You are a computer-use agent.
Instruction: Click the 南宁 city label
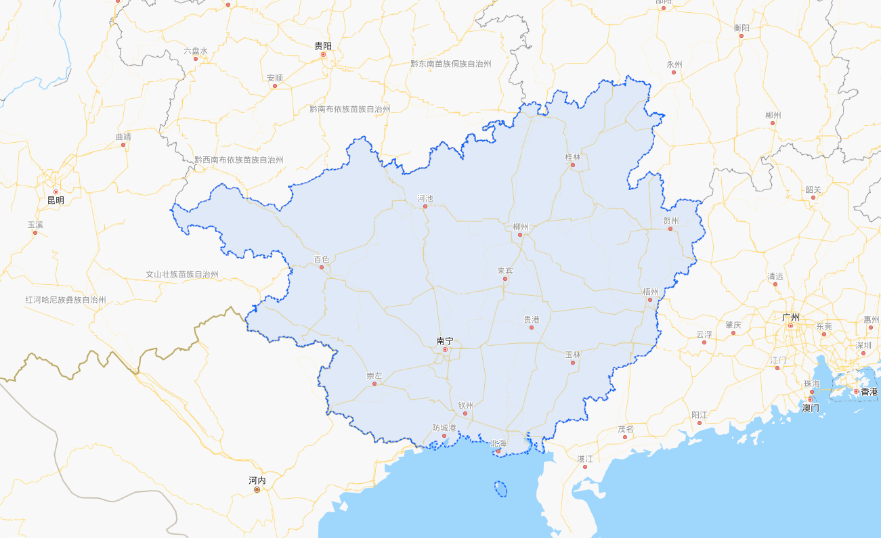pos(444,341)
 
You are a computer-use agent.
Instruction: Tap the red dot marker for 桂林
pos(572,165)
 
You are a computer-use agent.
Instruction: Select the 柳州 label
pos(520,227)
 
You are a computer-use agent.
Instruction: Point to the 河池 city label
pos(425,198)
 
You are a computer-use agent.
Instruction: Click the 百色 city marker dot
pos(322,267)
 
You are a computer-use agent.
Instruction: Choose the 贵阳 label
pos(323,45)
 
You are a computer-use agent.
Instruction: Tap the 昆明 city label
pos(56,200)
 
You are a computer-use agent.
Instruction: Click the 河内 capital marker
pos(257,489)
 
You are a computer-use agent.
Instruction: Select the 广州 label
pos(790,317)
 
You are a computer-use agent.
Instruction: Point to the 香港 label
pos(869,392)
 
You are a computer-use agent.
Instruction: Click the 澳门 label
pos(810,408)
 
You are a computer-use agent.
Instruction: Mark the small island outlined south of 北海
pos(500,489)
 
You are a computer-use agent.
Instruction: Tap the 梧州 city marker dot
pos(649,300)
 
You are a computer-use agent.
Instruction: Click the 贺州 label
pos(670,221)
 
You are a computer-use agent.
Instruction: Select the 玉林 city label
pos(573,354)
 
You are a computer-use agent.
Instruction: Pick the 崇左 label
pos(374,376)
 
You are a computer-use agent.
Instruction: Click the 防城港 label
pos(444,428)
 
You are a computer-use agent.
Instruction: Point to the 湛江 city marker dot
pos(585,467)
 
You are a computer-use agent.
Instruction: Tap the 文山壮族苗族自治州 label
pos(182,275)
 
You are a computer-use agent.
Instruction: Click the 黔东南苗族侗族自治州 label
pos(450,64)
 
